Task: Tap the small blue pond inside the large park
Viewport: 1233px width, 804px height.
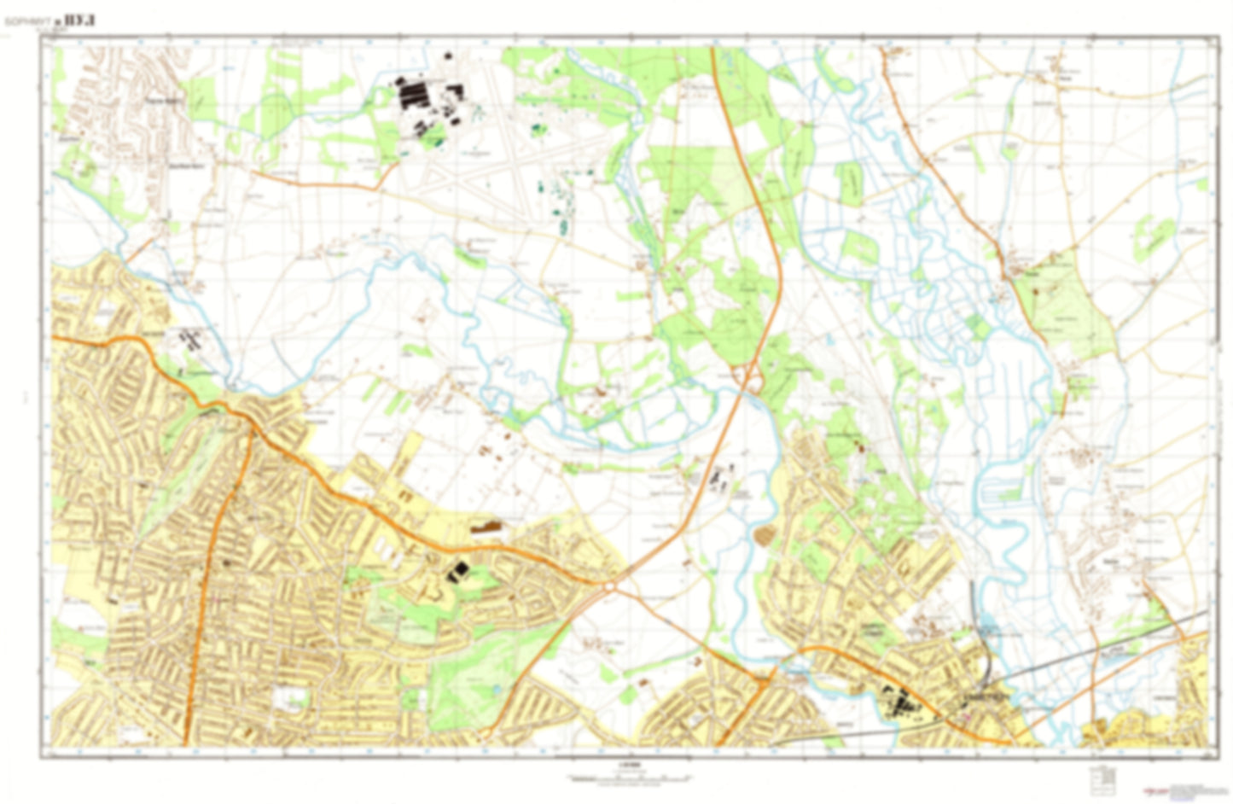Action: [494, 689]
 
